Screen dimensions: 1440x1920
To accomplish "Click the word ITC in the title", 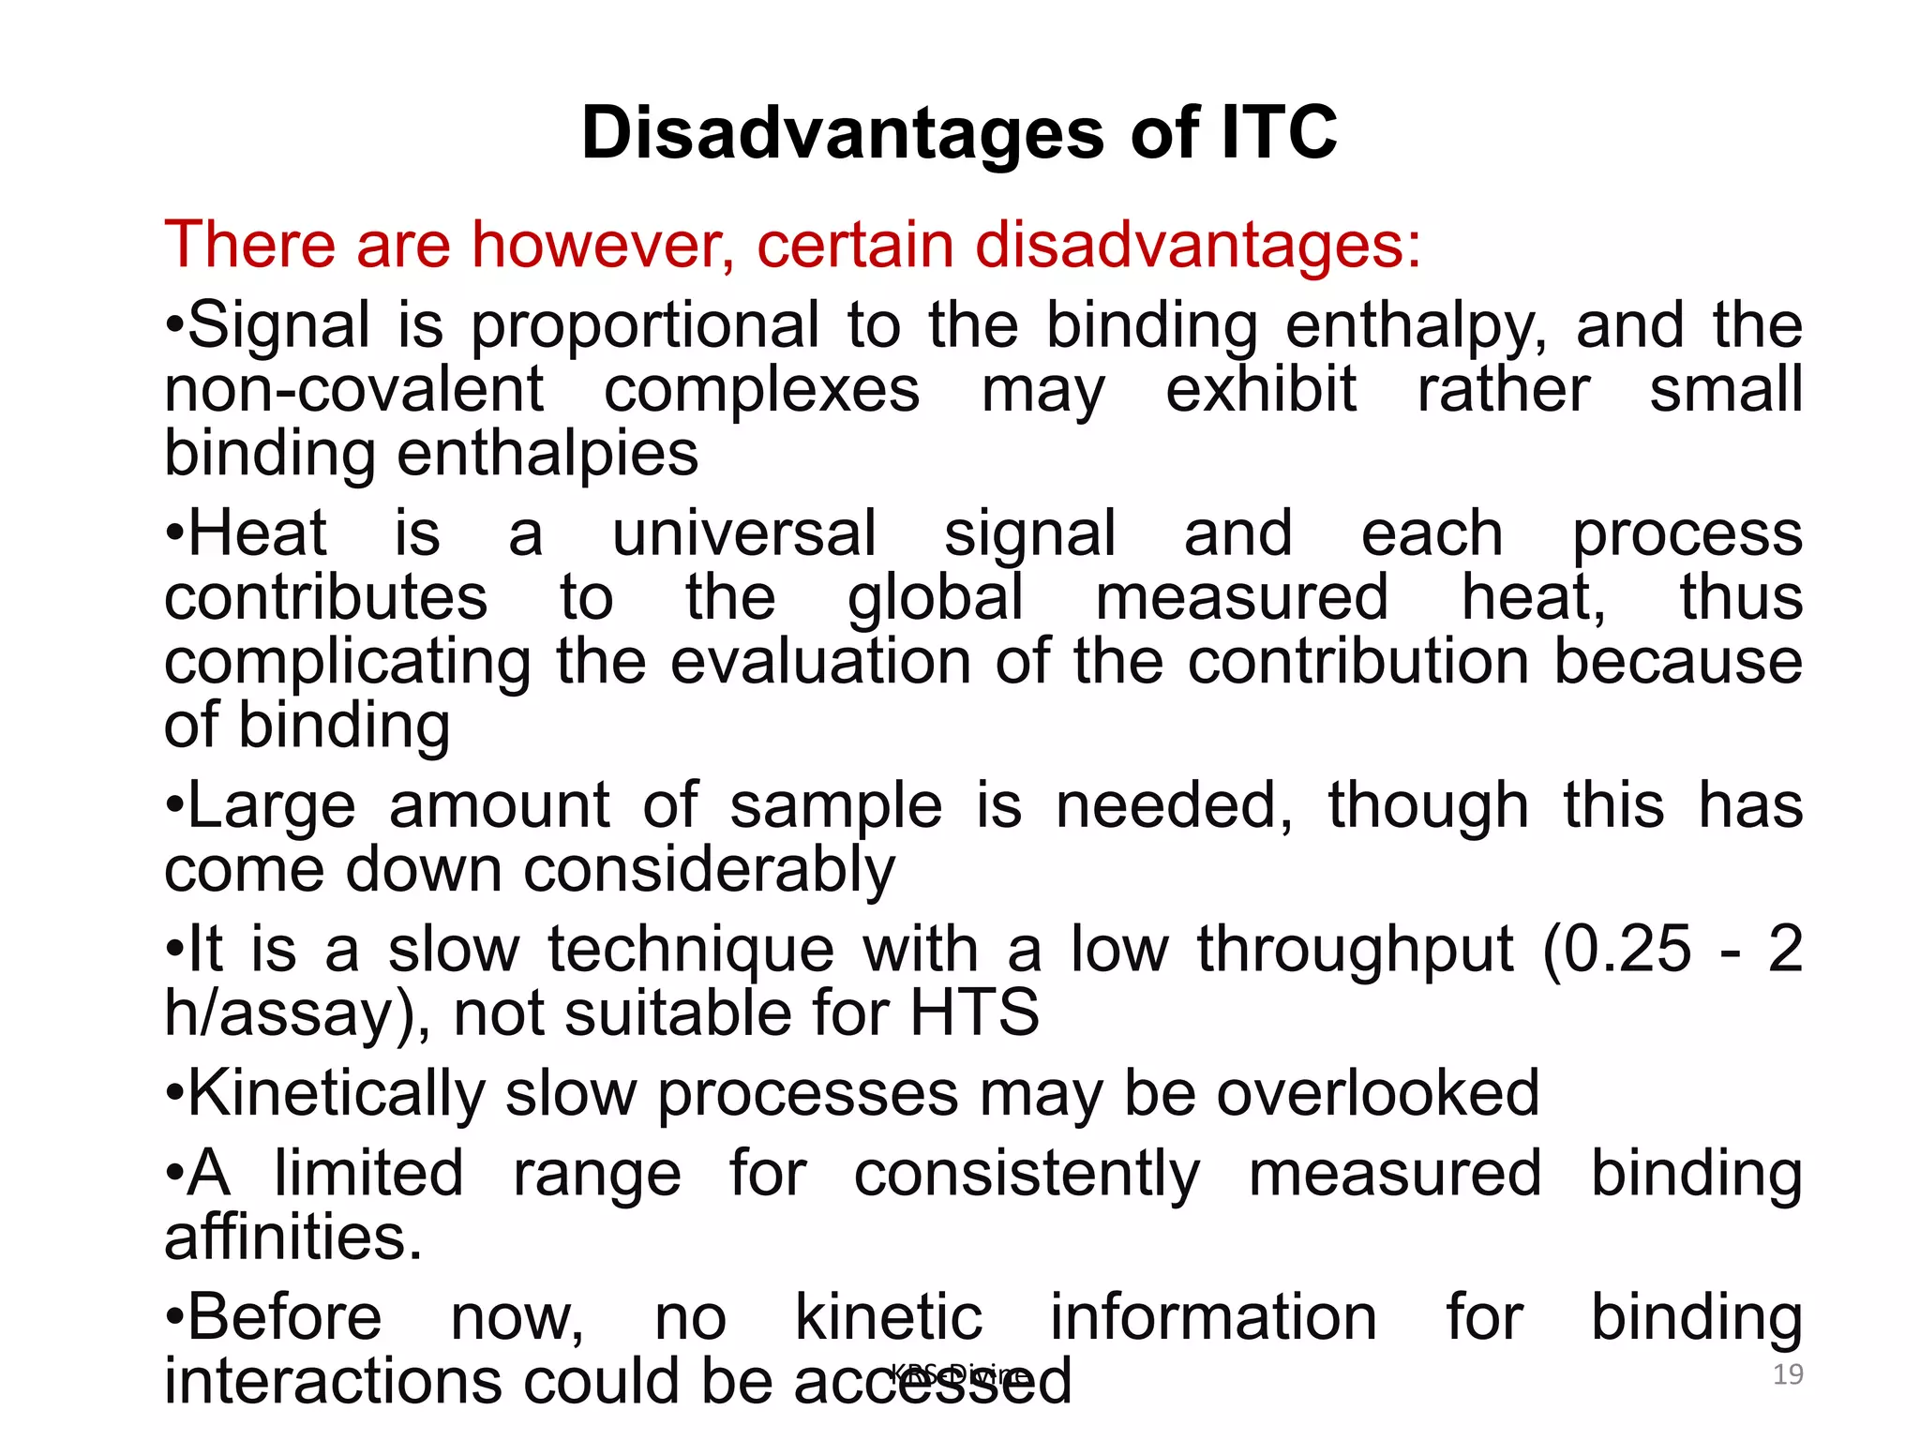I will (1279, 133).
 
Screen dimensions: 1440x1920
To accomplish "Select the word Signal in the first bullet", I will (279, 325).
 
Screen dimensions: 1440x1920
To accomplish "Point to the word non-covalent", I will (353, 389).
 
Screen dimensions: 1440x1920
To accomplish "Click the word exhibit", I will (1260, 389).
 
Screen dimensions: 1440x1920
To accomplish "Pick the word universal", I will (744, 533).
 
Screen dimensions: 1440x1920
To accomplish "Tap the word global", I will (935, 597).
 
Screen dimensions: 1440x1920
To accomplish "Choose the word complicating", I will (347, 662).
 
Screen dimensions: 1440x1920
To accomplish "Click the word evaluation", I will (819, 662).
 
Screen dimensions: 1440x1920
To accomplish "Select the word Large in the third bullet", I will (272, 806).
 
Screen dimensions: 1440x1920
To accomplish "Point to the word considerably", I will (709, 870).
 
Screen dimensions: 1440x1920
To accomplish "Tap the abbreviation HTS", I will (974, 1012).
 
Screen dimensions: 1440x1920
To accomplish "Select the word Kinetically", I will (337, 1093).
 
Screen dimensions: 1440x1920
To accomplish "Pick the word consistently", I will (1027, 1174).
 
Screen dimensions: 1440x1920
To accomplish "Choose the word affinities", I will (292, 1237).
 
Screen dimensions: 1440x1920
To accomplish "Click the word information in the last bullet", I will (1213, 1318).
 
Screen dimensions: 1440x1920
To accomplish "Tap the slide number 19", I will (1788, 1374).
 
